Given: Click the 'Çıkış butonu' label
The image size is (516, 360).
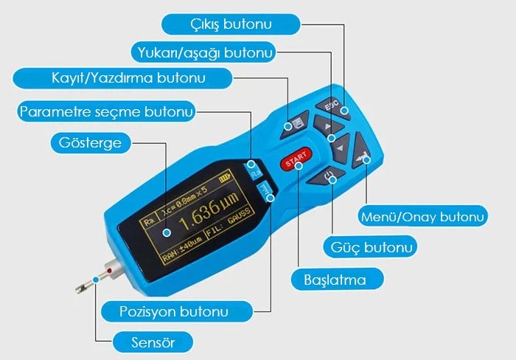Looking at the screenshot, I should pos(230,24).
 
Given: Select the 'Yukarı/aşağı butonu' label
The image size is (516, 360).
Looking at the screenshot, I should pos(206,52).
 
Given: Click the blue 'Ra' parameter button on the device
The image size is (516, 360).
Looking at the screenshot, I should pos(255,169).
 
